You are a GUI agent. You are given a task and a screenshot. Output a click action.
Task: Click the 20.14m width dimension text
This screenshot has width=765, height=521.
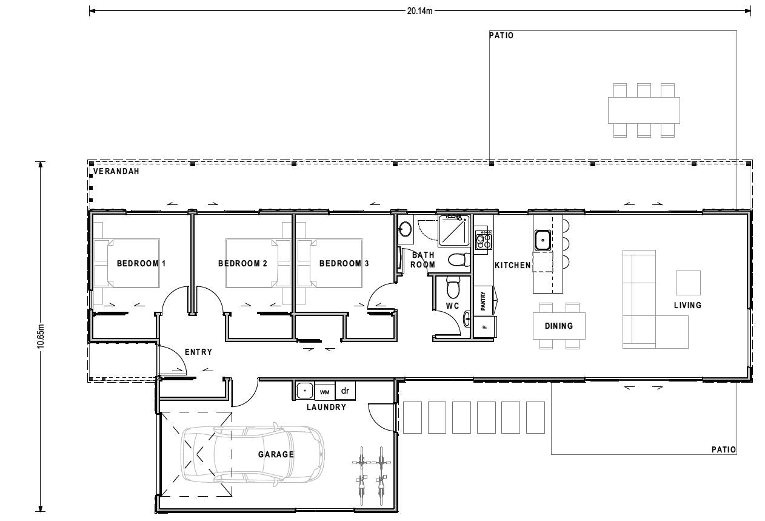coord(419,10)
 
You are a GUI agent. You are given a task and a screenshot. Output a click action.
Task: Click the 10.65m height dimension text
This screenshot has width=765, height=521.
coord(40,335)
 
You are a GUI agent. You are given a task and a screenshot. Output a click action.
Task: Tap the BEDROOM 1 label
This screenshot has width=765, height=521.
coord(141,264)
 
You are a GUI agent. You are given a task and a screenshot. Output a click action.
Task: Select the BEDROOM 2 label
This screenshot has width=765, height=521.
coord(242,264)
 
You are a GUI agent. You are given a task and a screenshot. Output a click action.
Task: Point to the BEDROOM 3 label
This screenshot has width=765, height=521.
coord(344,264)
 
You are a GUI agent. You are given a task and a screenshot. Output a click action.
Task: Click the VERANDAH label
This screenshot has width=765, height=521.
coord(116,172)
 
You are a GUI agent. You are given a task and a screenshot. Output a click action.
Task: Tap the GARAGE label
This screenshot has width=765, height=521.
coord(276,454)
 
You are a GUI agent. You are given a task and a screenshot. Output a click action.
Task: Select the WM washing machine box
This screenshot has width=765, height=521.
coord(324,391)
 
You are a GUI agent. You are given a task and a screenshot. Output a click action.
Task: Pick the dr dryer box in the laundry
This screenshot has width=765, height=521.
coord(346,391)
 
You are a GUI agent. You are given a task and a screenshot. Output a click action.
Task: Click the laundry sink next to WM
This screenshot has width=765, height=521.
coord(304,391)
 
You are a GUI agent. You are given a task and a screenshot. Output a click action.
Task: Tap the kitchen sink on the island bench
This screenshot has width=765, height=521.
coord(542,240)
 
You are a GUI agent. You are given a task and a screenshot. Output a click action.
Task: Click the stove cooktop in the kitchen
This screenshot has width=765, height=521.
coord(483,239)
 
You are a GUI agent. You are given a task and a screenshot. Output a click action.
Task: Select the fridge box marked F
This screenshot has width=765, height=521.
coord(484,327)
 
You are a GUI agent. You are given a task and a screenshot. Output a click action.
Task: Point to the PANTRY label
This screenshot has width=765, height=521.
coord(483,301)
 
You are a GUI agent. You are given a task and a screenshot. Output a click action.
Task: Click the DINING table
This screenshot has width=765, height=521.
coord(558,326)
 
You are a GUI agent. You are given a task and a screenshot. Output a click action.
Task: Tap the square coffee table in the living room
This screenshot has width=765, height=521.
coord(688,283)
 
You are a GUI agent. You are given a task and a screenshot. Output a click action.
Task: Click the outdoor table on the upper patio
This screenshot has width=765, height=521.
coord(643,110)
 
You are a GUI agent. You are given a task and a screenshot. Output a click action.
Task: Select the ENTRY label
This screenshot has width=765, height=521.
coord(198,352)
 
